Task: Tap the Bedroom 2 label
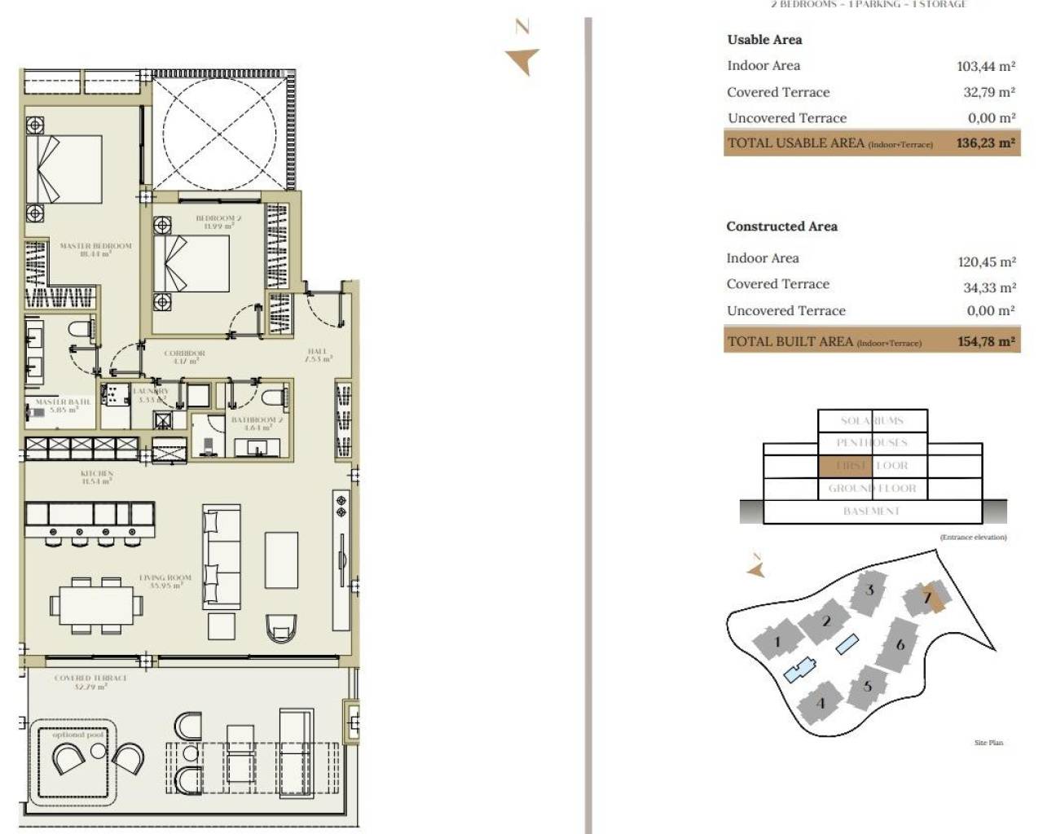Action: click(x=218, y=222)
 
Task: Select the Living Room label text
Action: click(x=165, y=581)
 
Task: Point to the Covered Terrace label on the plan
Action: click(x=90, y=682)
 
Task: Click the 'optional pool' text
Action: click(x=78, y=735)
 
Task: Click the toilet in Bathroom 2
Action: click(x=275, y=397)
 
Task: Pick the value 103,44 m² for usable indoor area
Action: click(x=985, y=66)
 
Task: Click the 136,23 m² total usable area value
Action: click(x=985, y=143)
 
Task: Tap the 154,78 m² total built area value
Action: click(x=986, y=341)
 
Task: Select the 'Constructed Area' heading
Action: click(x=781, y=226)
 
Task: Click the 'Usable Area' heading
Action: click(x=764, y=39)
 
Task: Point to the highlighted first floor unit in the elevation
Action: click(x=844, y=466)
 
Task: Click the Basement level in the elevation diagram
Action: click(x=871, y=511)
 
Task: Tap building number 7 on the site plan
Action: click(x=927, y=598)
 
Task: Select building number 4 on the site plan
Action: click(x=821, y=703)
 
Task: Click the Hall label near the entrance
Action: click(x=318, y=355)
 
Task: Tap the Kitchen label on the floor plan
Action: click(x=97, y=476)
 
